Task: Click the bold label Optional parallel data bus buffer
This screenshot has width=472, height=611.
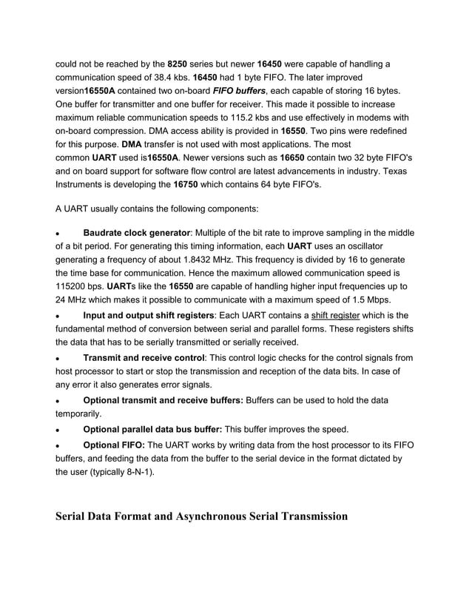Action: click(x=152, y=429)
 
